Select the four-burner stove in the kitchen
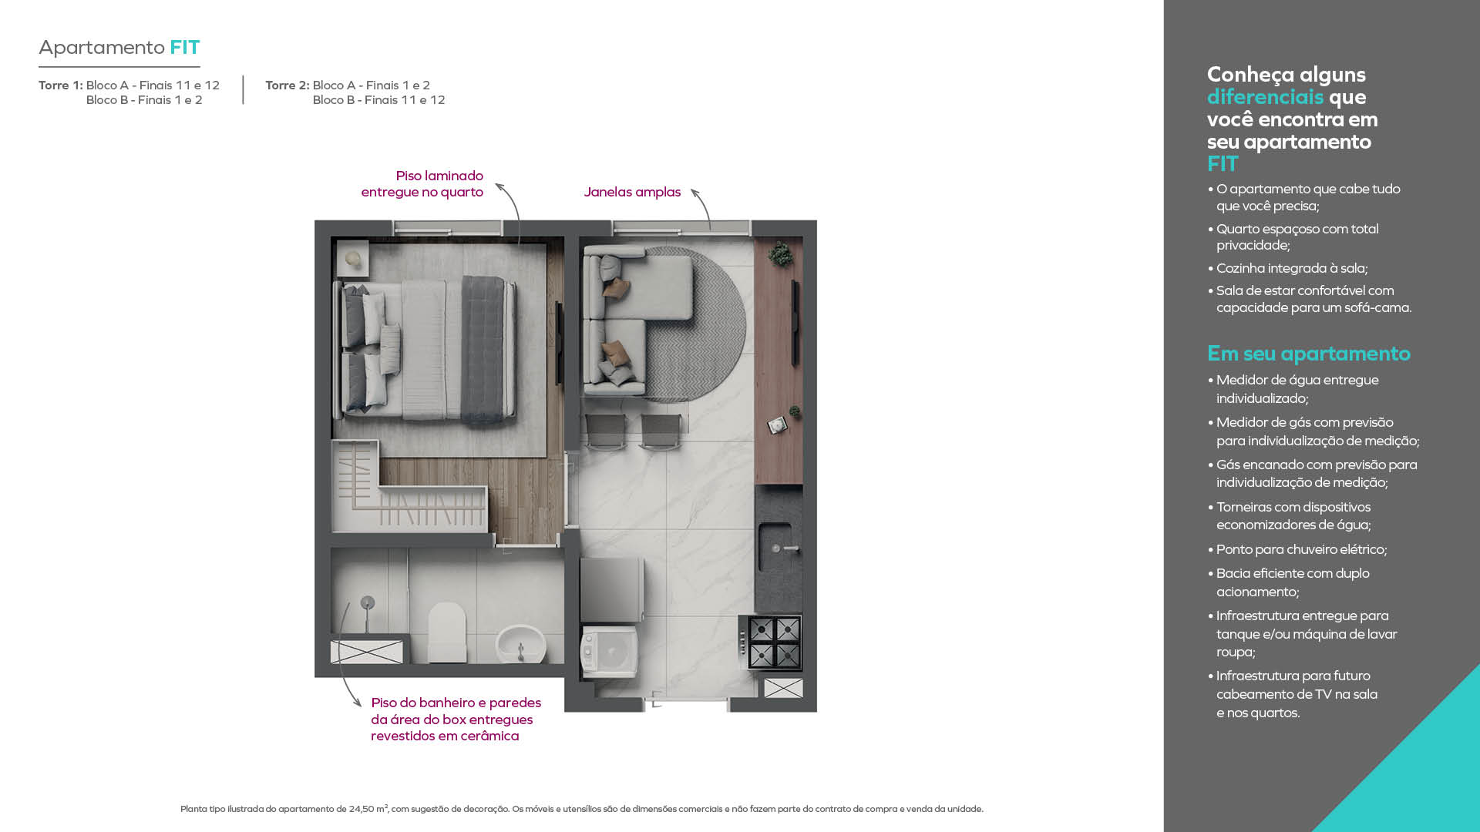coord(771,642)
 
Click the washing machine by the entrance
coord(609,652)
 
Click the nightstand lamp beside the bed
coord(353,260)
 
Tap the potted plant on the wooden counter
coord(780,253)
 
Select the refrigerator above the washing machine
coord(611,589)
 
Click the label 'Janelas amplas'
coord(632,192)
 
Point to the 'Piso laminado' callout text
coord(439,176)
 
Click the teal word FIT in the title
coord(185,47)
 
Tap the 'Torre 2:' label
coord(288,85)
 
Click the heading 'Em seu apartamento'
coord(1309,354)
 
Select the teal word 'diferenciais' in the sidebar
coord(1265,97)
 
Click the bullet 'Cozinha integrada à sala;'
coord(1292,268)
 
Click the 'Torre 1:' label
coord(61,85)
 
